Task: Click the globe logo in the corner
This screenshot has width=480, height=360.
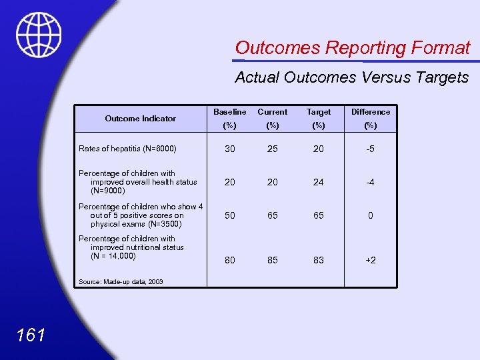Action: (38, 35)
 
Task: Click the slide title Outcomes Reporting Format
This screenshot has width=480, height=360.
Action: (352, 48)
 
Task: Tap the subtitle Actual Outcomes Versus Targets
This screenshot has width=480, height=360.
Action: (351, 77)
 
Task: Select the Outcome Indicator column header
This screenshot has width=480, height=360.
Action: (141, 119)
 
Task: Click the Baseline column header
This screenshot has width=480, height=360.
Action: (229, 112)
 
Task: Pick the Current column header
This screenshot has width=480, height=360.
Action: (273, 112)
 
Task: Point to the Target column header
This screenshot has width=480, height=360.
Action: (319, 112)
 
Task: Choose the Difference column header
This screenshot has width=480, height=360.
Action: (371, 112)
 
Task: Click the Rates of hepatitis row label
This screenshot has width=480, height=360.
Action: (127, 149)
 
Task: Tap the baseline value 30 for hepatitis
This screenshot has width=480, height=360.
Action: (229, 149)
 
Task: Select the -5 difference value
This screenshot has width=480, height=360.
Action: (371, 149)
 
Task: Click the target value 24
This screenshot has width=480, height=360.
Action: (319, 182)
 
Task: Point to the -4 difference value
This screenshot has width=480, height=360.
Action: (371, 182)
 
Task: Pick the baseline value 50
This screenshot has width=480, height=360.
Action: (229, 215)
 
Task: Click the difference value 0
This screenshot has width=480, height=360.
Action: (371, 215)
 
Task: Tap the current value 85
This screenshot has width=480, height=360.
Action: (273, 260)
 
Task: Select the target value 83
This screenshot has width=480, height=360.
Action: (319, 260)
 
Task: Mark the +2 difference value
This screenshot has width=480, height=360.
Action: (371, 260)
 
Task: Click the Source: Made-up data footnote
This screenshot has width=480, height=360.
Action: (121, 282)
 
